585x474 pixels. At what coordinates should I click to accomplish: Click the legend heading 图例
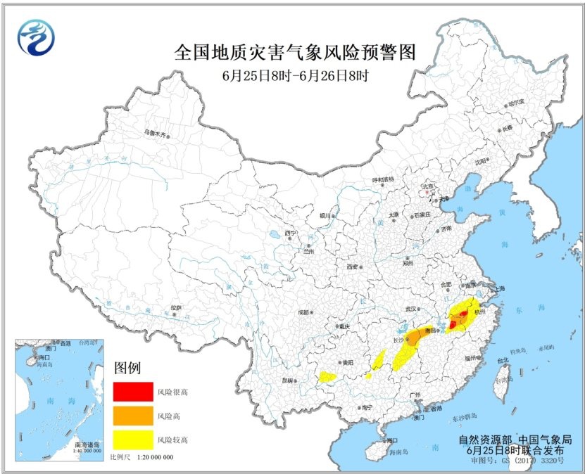click(x=128, y=368)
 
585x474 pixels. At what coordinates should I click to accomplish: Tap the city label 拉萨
click(x=175, y=307)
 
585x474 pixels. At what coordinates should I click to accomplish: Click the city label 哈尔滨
click(x=517, y=103)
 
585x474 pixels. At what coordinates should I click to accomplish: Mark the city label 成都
click(x=303, y=312)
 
